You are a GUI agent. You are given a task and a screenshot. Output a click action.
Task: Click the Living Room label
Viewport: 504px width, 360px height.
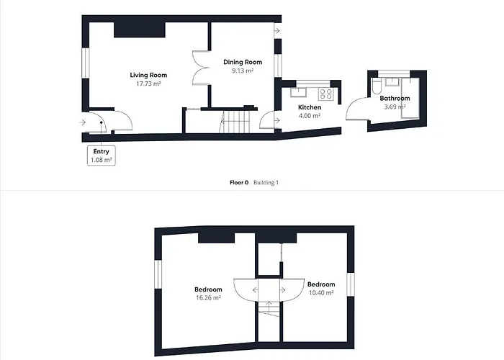148,75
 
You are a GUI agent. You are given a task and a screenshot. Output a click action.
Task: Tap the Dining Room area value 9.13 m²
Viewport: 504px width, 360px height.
243,71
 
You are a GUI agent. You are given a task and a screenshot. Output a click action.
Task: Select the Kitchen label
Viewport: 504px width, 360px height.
310,107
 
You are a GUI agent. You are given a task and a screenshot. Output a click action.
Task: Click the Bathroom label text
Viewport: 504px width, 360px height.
395,99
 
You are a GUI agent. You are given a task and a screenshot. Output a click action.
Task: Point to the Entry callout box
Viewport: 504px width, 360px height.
102,156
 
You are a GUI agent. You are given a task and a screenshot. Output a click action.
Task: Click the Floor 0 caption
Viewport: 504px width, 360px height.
239,183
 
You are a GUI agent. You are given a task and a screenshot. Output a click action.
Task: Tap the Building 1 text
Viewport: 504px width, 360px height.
266,183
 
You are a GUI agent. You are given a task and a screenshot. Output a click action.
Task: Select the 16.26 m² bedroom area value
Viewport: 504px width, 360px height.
208,298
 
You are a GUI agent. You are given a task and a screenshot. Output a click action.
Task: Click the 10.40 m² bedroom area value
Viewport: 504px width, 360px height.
321,293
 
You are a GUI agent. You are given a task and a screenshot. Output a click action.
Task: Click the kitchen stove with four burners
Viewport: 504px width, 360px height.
326,94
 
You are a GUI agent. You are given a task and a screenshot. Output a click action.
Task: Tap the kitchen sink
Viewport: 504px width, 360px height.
299,92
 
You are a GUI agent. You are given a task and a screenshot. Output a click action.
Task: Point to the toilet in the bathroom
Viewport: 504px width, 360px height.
377,86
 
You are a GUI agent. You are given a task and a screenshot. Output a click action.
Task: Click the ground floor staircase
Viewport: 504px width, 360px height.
235,121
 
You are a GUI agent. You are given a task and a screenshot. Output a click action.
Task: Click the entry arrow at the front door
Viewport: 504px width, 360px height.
83,122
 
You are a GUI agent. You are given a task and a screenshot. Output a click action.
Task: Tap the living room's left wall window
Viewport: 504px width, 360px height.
85,63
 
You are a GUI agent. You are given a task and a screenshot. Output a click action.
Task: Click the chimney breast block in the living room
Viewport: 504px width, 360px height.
140,30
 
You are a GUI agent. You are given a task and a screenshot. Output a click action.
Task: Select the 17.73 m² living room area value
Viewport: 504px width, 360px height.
148,84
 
